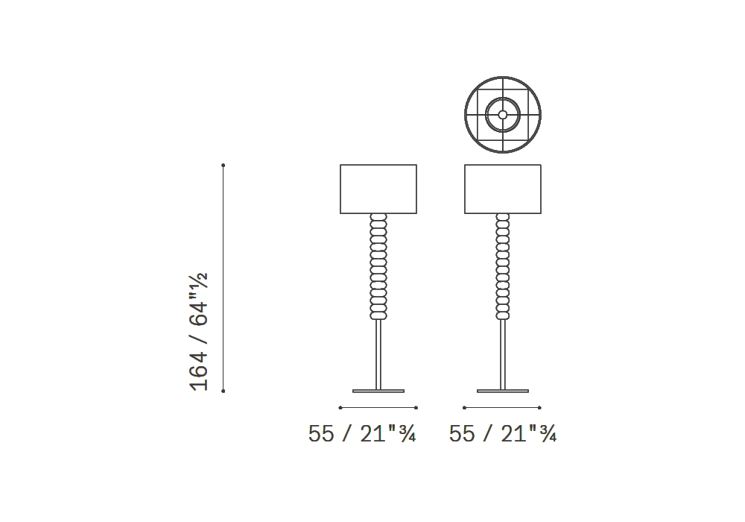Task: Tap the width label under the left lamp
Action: pos(362,433)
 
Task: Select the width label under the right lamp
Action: pos(503,433)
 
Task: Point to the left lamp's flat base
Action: pos(378,391)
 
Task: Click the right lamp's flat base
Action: pos(503,391)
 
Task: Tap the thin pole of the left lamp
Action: pos(378,355)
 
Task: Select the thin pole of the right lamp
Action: pos(503,355)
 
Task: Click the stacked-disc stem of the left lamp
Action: pos(378,266)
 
